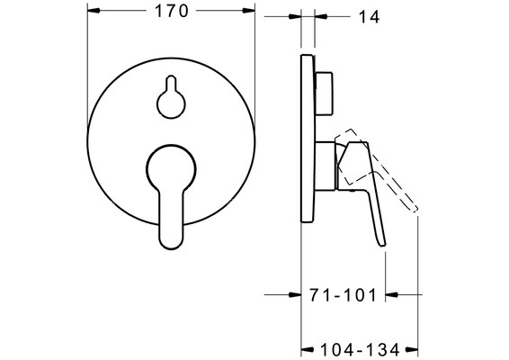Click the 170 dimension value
click(172, 11)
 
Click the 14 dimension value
click(369, 17)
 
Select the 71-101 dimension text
click(343, 295)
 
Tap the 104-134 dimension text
click(360, 350)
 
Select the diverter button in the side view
click(324, 93)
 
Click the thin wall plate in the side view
click(308, 138)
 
